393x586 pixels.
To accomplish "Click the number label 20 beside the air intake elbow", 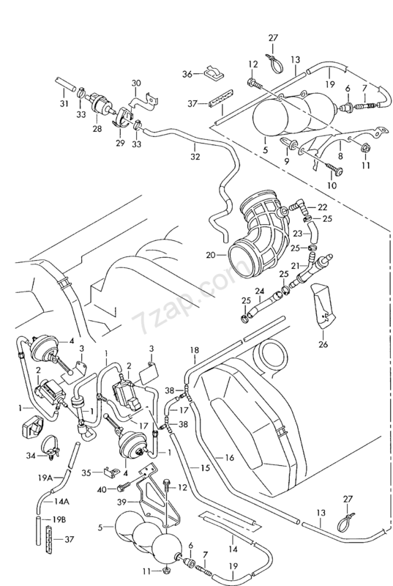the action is [x=211, y=256].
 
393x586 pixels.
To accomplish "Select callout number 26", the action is [x=323, y=344].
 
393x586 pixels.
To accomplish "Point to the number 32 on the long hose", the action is [x=195, y=157].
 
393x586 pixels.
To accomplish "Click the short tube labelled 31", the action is [x=64, y=85].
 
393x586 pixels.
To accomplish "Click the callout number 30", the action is [x=137, y=83].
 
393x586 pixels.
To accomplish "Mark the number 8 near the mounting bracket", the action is [x=340, y=156].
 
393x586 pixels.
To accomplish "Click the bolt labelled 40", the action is [x=122, y=488].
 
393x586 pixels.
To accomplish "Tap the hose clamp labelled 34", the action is [x=50, y=445].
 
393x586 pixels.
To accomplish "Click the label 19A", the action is [x=45, y=478].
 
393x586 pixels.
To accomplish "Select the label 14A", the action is [x=52, y=501].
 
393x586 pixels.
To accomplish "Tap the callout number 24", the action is [x=260, y=291].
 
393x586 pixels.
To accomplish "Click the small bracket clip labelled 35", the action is [x=111, y=471].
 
